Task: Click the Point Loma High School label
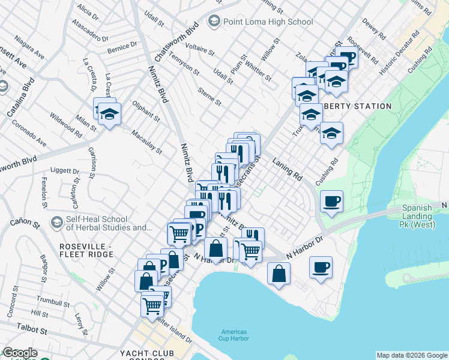tap(268, 22)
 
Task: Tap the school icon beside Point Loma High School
tap(213, 22)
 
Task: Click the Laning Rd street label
tap(287, 169)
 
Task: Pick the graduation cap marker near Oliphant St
tap(109, 113)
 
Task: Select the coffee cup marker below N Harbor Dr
tap(321, 266)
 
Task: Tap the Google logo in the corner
tap(20, 353)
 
